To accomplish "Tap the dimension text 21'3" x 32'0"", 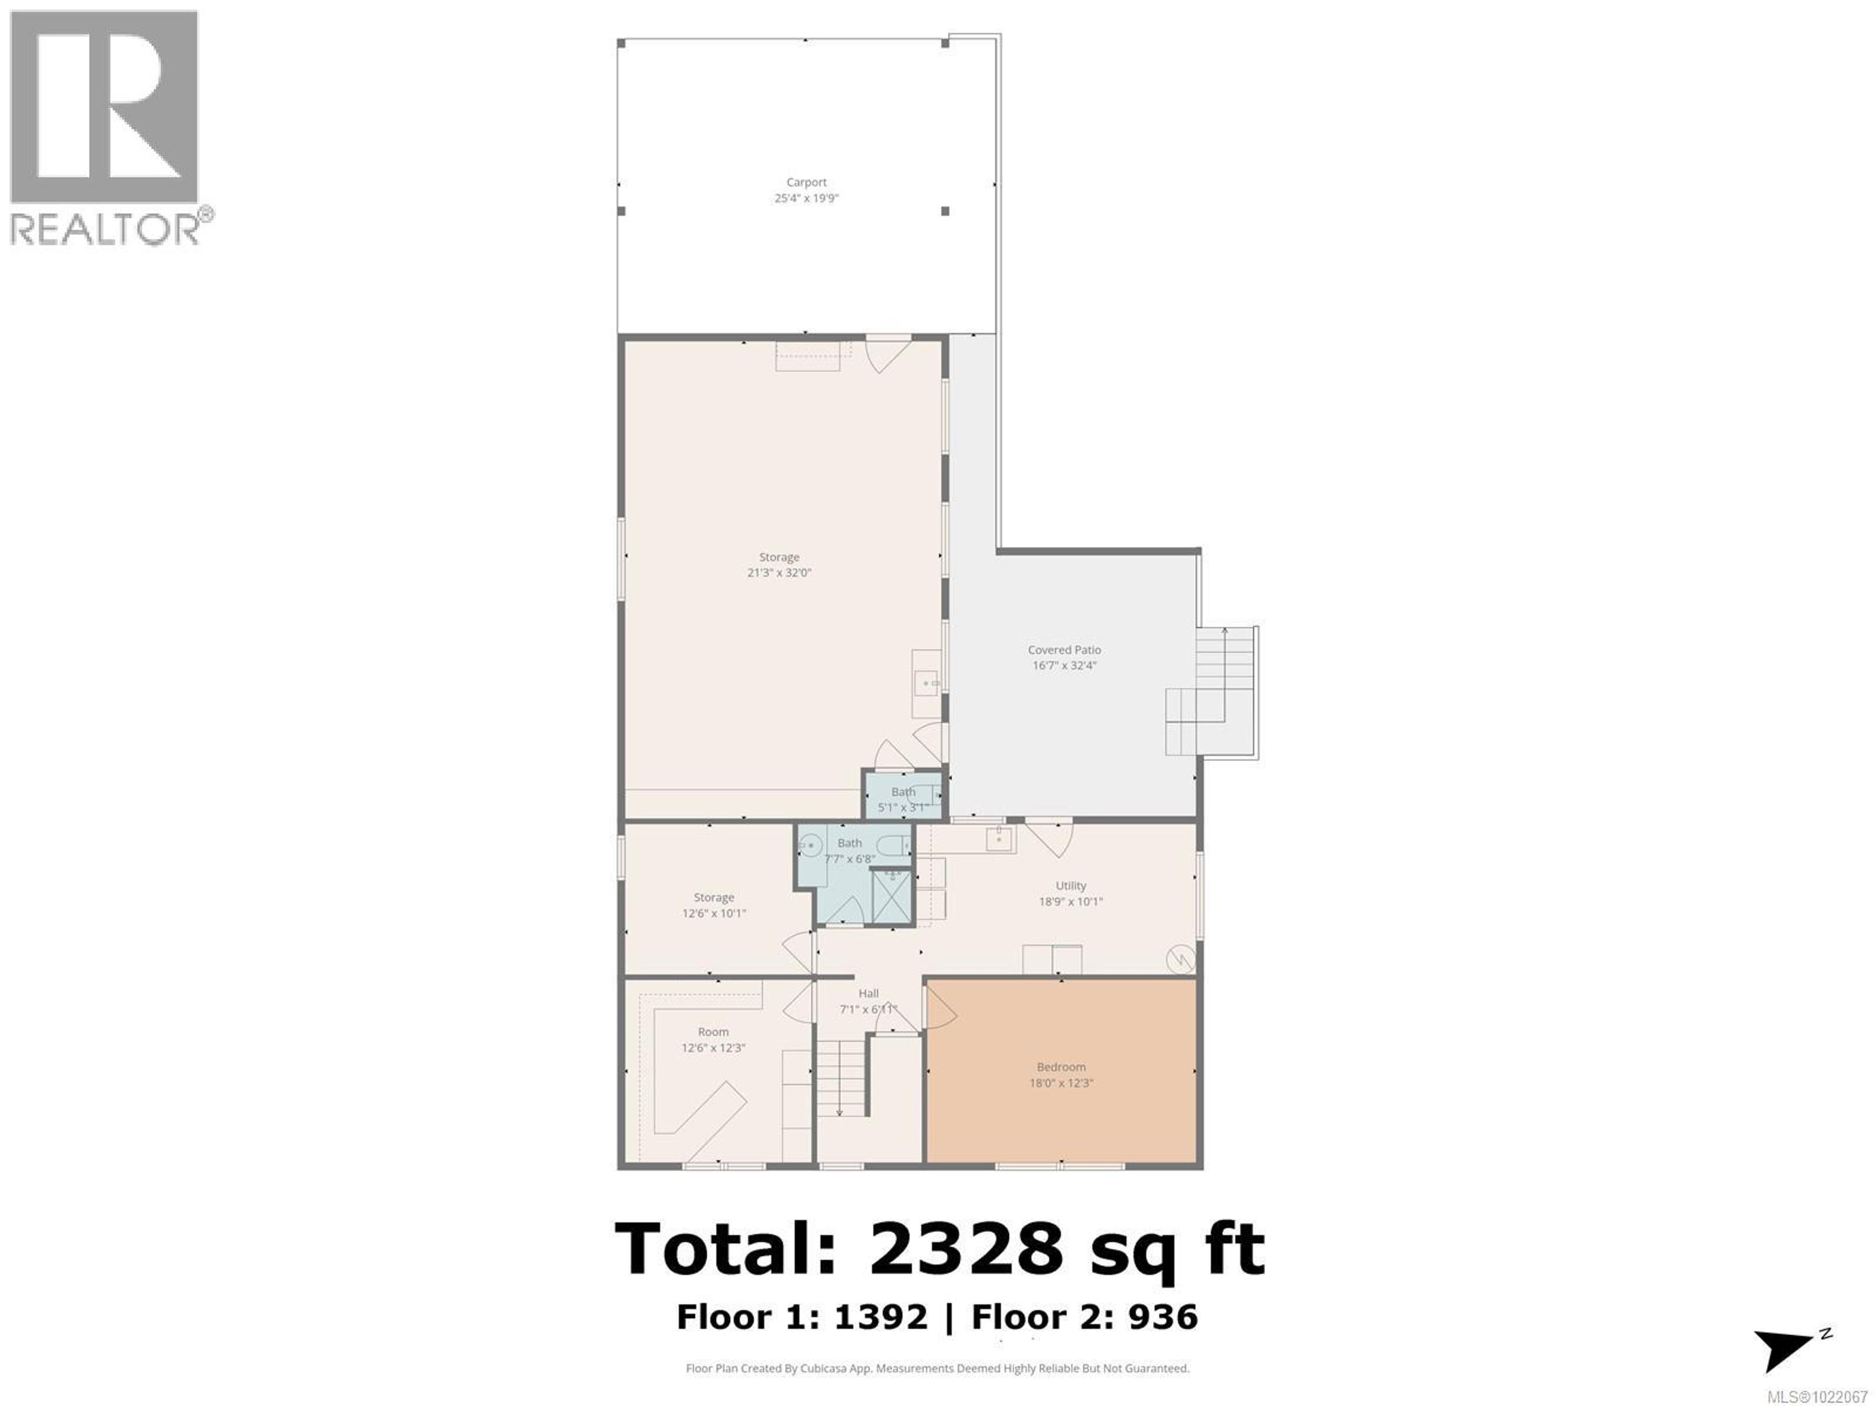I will [x=778, y=573].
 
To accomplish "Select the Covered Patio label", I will [x=1064, y=650].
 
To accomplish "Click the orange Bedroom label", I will [x=1061, y=1067].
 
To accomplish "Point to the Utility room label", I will [x=1071, y=886].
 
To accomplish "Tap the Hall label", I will [x=868, y=993].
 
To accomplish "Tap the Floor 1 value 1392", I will [x=881, y=1317].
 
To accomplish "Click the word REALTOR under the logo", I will [x=106, y=229].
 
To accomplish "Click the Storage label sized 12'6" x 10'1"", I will [x=714, y=897].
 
